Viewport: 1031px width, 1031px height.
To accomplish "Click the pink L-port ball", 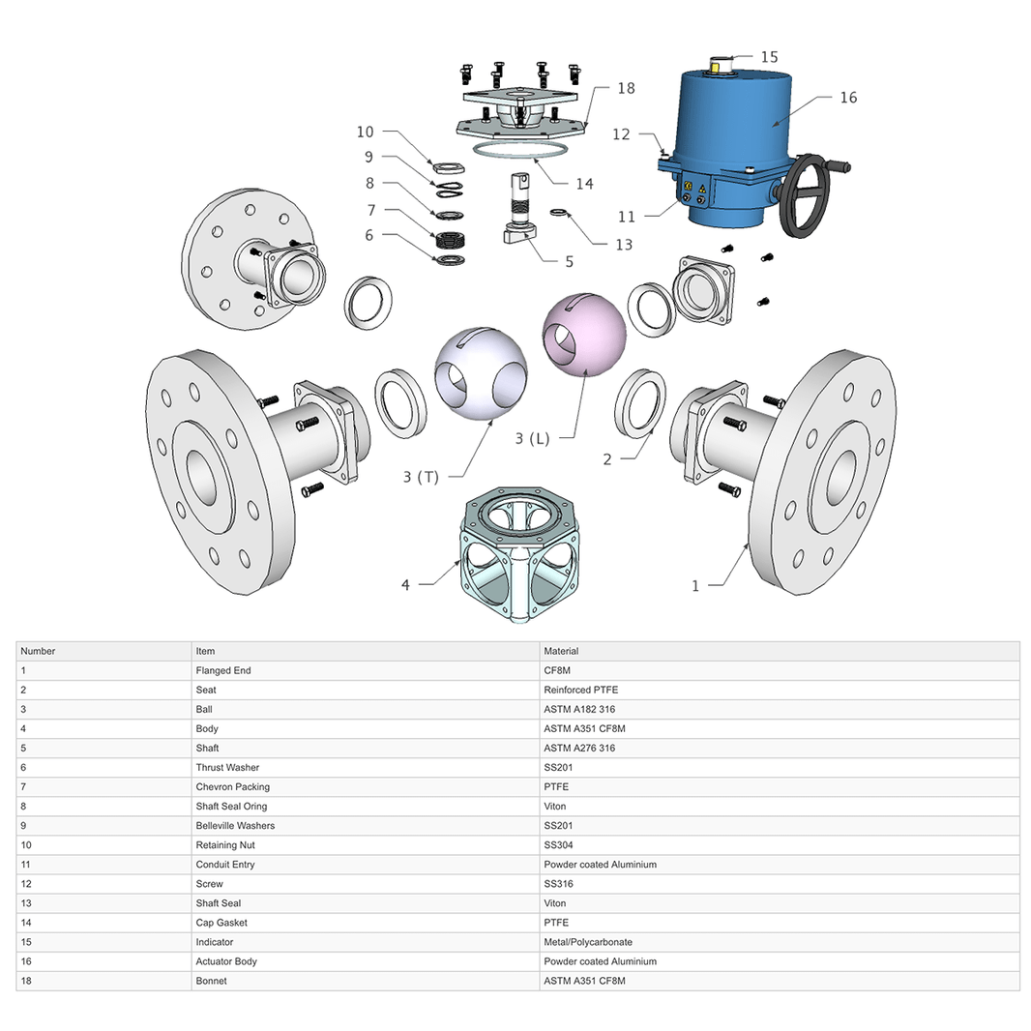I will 584,334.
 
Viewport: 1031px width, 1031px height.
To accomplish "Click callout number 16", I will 848,98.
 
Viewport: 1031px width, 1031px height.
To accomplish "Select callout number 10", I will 365,132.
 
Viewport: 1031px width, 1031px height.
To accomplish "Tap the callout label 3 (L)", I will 532,438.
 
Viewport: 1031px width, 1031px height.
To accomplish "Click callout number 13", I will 624,245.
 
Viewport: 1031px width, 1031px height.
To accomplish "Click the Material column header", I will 561,651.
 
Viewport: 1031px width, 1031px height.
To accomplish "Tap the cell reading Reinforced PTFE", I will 580,690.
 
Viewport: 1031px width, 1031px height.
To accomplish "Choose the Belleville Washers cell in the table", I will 235,825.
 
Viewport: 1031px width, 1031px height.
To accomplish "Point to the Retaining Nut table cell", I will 225,844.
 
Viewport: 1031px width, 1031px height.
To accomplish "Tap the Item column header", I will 205,651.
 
